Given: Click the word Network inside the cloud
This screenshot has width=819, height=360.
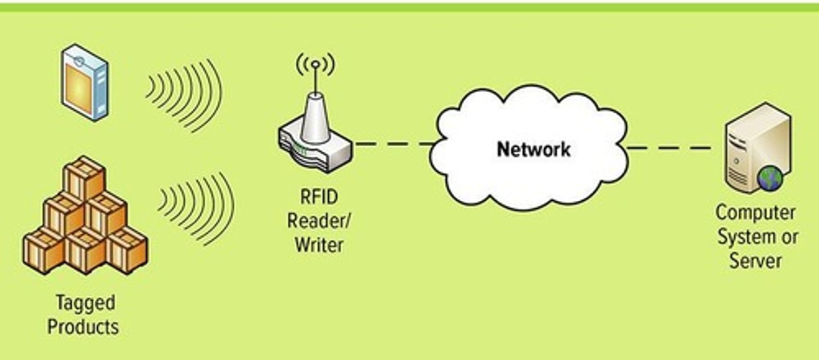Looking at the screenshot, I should (x=533, y=150).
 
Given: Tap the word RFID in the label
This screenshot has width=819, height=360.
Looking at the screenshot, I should (x=318, y=198).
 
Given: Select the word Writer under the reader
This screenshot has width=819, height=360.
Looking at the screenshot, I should (x=318, y=245).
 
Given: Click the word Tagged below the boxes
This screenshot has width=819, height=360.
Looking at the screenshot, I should (x=85, y=303).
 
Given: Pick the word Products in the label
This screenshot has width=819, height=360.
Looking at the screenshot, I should (x=83, y=327).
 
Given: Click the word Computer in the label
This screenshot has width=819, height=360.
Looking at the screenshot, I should (x=755, y=213).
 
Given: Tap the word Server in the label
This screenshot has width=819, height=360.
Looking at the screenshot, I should (x=755, y=260).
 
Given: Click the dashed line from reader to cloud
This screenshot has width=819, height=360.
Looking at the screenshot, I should (x=392, y=144).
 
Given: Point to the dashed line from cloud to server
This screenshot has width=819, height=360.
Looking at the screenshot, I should (x=669, y=148).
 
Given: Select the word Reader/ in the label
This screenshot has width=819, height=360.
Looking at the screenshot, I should (x=318, y=221).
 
